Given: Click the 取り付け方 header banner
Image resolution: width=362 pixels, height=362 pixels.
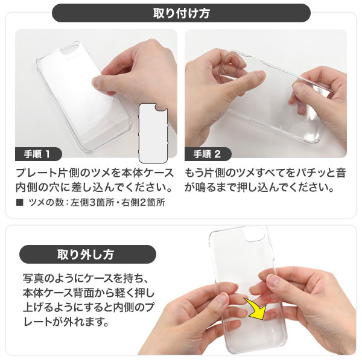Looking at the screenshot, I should [x=181, y=12].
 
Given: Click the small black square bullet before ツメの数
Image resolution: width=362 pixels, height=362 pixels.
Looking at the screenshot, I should [x=21, y=203].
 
